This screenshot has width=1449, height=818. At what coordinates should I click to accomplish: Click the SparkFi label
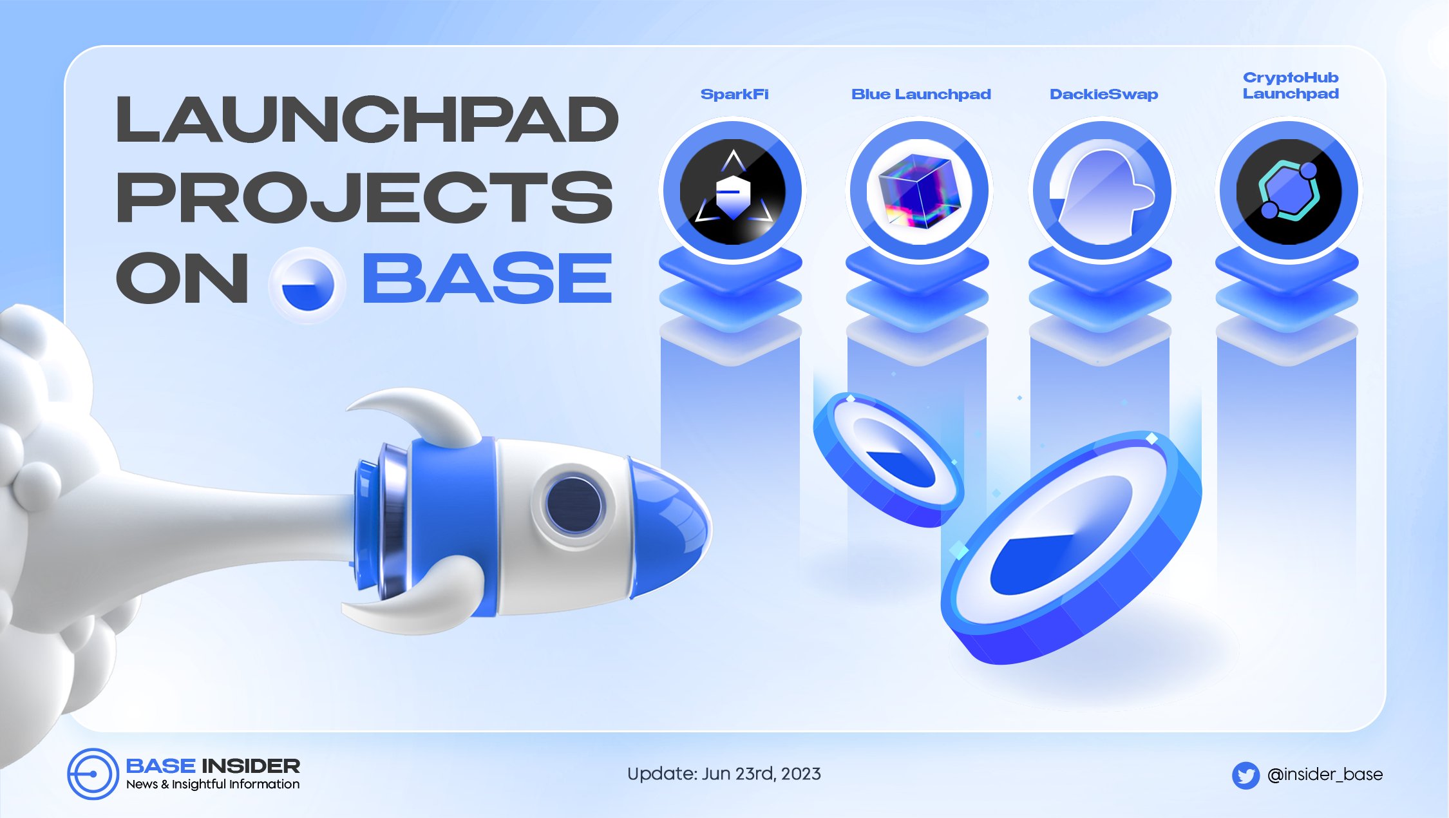[734, 95]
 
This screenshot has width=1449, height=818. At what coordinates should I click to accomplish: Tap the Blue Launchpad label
[921, 95]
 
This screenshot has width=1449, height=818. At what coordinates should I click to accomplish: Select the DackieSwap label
[1104, 95]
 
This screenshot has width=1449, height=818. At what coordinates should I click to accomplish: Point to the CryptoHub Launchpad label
[1291, 86]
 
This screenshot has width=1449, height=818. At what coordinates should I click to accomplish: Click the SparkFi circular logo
[733, 191]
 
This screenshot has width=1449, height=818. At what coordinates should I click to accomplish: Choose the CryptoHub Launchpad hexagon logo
[1289, 191]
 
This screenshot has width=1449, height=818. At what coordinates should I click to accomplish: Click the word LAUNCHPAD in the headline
[367, 120]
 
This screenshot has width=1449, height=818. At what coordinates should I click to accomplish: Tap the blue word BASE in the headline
[488, 278]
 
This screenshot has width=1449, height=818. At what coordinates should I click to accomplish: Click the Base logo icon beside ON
[307, 285]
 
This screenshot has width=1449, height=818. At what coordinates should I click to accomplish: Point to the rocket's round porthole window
[573, 504]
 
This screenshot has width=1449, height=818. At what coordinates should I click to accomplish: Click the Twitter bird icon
[1245, 775]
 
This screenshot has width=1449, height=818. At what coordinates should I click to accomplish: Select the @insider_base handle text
[1325, 774]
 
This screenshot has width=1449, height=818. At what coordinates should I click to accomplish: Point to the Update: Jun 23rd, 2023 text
[724, 774]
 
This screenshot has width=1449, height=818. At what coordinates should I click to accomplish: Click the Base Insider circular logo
[93, 774]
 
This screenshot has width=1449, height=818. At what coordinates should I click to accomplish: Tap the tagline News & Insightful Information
[213, 785]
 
